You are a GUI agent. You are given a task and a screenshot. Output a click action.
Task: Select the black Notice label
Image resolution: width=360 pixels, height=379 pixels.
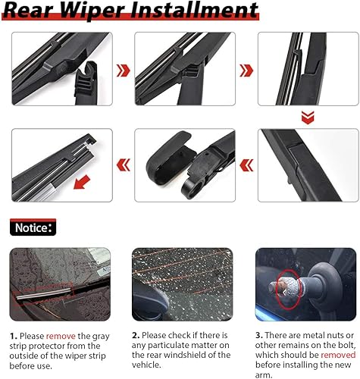pyautogui.click(x=33, y=227)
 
